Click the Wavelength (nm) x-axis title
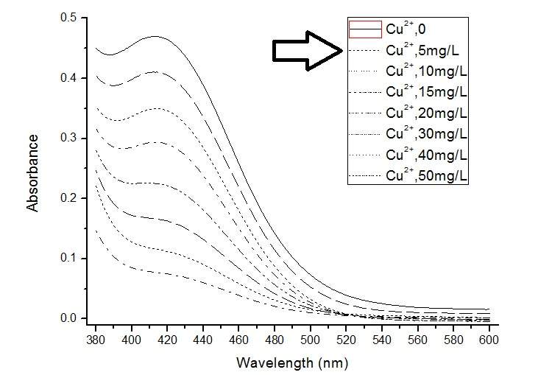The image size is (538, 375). point(291,363)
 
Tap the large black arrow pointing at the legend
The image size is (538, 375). point(308,50)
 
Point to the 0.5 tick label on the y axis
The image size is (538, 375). point(69,18)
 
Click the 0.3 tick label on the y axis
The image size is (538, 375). point(69,138)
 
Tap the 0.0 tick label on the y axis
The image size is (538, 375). point(69,318)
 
